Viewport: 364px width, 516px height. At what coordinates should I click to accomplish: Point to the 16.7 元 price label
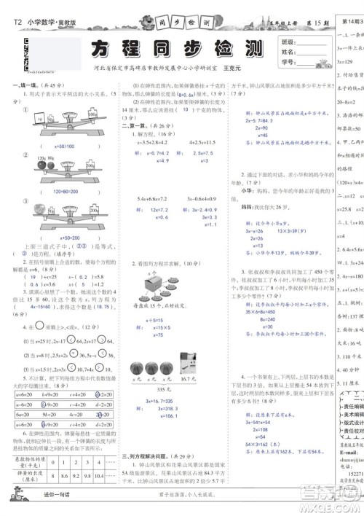coord(207,359)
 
